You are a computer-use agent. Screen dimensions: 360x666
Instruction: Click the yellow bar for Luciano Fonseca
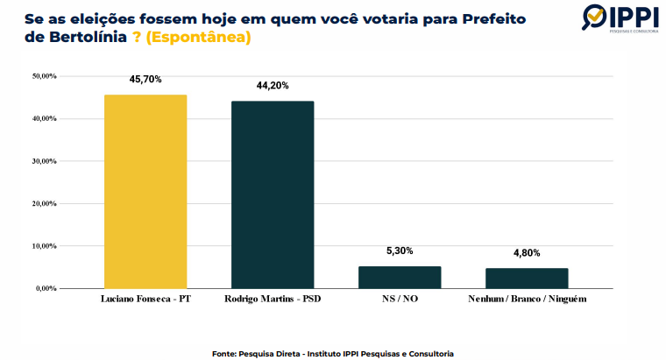pos(145,191)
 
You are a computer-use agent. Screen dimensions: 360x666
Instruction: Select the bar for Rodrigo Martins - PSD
pos(272,194)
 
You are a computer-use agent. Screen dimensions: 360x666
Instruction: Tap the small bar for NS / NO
pos(400,277)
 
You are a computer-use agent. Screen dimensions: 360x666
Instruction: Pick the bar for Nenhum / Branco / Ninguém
pos(527,278)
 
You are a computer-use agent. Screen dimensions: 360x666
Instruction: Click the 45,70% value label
pos(145,79)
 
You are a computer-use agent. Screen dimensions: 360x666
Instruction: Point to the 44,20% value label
pos(272,85)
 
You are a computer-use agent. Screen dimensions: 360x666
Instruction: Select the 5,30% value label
pos(400,251)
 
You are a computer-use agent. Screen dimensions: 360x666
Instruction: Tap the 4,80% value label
pos(527,253)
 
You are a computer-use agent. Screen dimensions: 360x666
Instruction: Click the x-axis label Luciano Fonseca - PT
pos(145,300)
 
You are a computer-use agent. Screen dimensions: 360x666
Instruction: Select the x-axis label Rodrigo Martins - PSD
pos(272,300)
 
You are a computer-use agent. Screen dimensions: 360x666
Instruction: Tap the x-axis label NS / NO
pos(400,300)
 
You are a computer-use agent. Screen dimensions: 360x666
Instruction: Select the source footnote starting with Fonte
pos(332,353)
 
